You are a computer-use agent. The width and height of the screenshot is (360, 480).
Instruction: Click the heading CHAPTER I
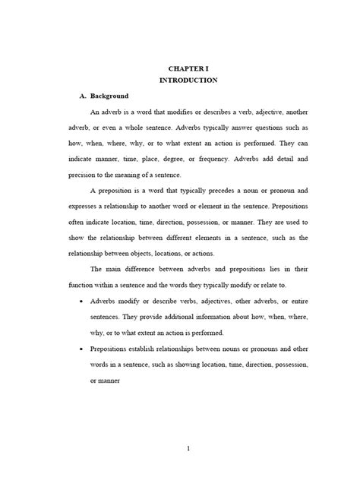(189, 67)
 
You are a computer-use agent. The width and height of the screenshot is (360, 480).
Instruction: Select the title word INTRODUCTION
(189, 80)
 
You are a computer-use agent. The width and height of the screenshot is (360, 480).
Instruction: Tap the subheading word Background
(109, 97)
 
